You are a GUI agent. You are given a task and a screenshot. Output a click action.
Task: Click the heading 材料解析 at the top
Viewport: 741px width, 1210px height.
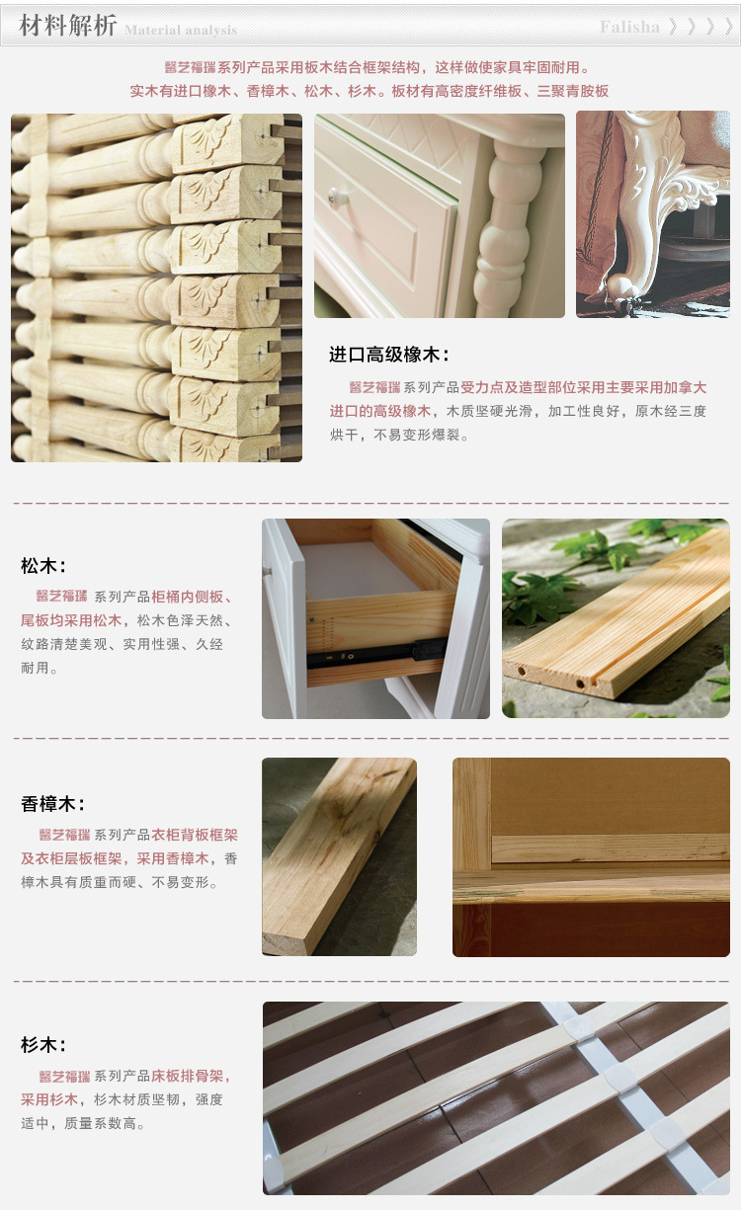click(x=67, y=26)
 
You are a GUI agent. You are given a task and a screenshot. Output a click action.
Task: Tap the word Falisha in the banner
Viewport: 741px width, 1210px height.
click(x=629, y=27)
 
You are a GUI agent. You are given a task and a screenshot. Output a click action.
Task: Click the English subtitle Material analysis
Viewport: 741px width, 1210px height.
click(x=181, y=31)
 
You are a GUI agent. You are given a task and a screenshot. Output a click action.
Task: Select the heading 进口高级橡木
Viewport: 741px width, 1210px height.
click(x=389, y=355)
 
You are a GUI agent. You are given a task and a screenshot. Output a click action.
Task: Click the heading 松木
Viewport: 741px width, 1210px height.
click(x=43, y=566)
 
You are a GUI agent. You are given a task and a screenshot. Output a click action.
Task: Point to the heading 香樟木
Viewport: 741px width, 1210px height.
click(x=52, y=804)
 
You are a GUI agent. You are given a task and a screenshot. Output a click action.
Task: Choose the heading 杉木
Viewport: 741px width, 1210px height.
click(x=43, y=1045)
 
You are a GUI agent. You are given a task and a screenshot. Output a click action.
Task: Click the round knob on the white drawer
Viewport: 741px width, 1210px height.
click(x=335, y=195)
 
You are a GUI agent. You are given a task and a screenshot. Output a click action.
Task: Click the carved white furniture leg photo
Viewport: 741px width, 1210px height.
click(x=653, y=214)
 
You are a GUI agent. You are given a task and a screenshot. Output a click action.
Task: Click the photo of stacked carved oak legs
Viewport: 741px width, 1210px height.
click(x=157, y=287)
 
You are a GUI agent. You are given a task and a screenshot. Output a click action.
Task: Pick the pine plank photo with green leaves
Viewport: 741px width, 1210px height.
click(x=617, y=618)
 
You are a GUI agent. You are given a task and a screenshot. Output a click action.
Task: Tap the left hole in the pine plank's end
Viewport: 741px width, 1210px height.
click(x=522, y=672)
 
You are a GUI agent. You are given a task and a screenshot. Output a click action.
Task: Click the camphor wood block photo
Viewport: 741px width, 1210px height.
click(x=340, y=856)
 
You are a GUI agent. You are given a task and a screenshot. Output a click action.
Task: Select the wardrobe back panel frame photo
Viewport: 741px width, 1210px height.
click(x=591, y=857)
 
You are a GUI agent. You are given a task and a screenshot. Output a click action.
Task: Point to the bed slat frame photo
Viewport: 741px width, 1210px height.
click(x=496, y=1098)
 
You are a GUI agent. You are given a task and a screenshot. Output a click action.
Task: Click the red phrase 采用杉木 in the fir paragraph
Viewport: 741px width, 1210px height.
click(x=49, y=1099)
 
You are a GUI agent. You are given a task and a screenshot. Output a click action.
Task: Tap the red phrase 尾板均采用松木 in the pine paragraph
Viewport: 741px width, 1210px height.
click(x=71, y=620)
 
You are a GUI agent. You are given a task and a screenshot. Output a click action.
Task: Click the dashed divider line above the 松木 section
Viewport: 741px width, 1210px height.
click(x=371, y=503)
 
